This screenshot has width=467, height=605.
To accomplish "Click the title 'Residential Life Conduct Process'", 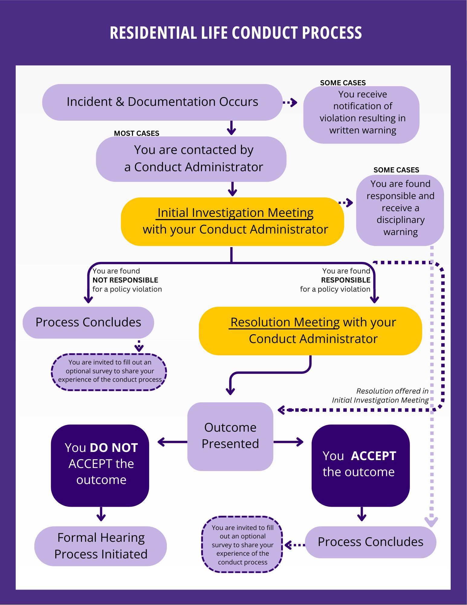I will point(235,33).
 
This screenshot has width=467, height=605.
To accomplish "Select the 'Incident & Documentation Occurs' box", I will point(162,102).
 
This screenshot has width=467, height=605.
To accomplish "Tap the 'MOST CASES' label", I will point(136,133).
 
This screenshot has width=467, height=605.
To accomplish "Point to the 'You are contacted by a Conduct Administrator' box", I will point(191,159).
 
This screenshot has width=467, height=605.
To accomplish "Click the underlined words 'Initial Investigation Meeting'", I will point(235,213).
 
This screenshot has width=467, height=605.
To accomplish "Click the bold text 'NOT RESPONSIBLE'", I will point(125,280).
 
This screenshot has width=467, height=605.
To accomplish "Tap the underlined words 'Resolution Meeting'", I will point(285,322).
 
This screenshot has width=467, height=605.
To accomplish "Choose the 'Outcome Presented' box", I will point(230,436).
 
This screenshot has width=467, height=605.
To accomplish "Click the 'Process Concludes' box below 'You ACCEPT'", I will point(370,542).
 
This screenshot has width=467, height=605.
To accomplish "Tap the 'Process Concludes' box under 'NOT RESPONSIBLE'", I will point(88,322).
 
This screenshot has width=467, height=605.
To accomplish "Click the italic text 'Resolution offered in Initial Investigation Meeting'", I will point(380,396).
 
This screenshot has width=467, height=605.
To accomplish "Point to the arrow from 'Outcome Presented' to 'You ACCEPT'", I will point(289,442).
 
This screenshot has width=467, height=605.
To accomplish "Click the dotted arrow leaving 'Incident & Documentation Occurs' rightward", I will point(290,103).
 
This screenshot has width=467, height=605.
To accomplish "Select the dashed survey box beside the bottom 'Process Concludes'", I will point(242,544).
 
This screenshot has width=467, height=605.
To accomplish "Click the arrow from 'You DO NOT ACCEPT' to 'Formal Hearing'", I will point(101,514).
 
